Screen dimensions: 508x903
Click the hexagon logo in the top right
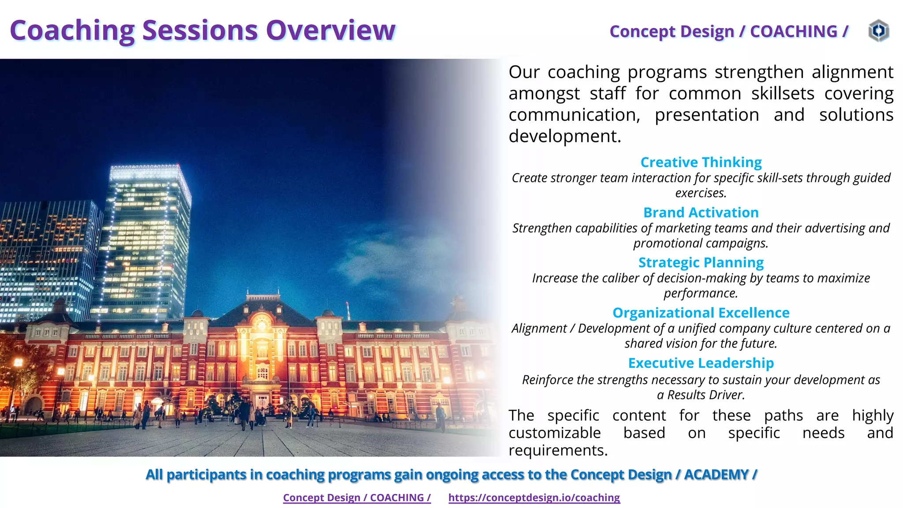[878, 31]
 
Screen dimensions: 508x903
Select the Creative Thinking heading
[701, 162]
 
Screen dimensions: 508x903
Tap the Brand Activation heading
[701, 213]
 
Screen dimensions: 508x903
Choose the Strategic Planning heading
[701, 262]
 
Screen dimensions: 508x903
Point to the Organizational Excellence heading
[701, 313]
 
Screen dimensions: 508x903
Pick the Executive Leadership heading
[701, 363]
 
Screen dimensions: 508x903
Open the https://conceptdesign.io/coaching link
[534, 497]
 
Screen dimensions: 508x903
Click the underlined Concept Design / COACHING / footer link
[357, 497]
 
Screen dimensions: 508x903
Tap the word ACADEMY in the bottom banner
[716, 474]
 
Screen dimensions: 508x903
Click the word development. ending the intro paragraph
[565, 136]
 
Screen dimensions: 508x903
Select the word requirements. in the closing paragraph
[558, 450]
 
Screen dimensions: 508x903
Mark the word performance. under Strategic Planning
[701, 293]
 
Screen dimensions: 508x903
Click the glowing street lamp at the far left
[18, 362]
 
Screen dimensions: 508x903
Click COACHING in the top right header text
[793, 31]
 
